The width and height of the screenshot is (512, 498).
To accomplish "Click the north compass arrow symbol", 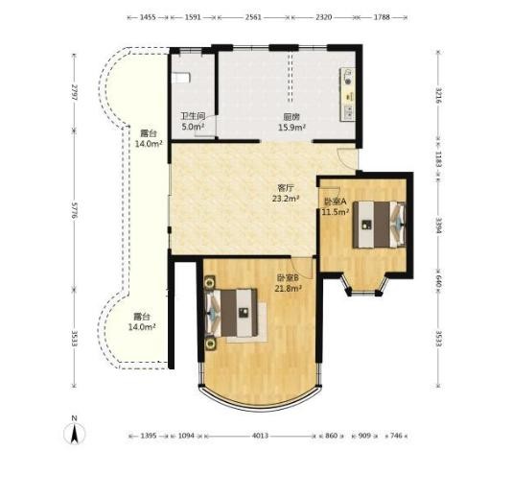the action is click(75, 434).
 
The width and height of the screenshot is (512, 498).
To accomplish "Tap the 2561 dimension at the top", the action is click(253, 17).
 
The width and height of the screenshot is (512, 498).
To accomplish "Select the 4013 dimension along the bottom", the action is click(260, 436).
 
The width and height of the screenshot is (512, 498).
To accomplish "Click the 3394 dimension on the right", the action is click(438, 225).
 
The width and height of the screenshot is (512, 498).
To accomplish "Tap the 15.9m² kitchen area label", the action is click(291, 127).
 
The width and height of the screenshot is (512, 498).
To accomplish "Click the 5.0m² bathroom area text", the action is click(193, 127).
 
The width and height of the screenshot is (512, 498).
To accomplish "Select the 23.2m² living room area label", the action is click(286, 198).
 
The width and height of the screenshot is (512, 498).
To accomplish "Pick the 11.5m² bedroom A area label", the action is click(336, 212).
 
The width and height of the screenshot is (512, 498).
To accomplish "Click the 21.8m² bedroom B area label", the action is click(288, 289).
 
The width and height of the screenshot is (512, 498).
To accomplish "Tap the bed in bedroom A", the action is click(379, 225).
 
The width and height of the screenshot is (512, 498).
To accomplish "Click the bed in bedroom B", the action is click(231, 313).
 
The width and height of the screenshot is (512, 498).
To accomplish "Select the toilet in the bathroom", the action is click(180, 78).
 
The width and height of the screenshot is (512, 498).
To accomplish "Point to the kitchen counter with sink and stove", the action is click(348, 94).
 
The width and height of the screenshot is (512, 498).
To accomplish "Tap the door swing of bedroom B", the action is click(303, 268).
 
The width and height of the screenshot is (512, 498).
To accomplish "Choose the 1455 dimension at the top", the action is click(148, 17).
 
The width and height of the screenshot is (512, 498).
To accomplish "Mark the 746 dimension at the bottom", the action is click(396, 436).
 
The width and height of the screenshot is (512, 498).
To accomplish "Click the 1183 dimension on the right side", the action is click(438, 159).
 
